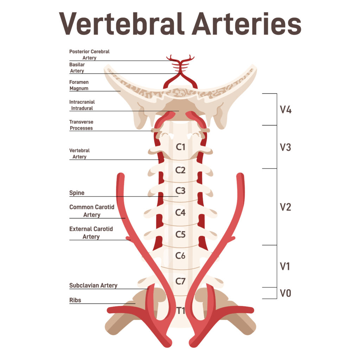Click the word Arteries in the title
coord(246,24)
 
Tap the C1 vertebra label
coord(180,147)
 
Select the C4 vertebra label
coord(180,212)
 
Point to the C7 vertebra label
coord(180,281)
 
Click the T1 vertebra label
coord(181,311)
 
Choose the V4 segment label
coord(285,110)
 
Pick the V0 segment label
coord(285,293)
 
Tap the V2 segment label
coord(285,207)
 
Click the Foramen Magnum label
coord(79,85)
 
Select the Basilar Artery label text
coord(77,68)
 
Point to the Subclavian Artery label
coord(93,285)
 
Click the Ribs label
coord(75,300)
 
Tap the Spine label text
coord(77,193)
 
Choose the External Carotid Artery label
coord(91,233)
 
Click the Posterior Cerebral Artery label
coord(89,54)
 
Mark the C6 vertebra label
coord(180,256)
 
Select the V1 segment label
coord(285,266)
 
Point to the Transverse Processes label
coord(81,125)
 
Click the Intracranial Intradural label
coord(82,105)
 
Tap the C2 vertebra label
coord(180,170)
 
